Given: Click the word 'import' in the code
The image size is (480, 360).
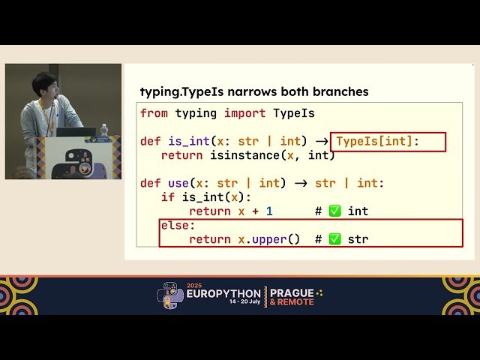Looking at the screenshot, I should pyautogui.click(x=245, y=113).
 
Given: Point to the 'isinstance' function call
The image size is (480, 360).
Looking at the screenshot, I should pyautogui.click(x=244, y=155).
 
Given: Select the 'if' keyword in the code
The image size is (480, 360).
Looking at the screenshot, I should pyautogui.click(x=167, y=197).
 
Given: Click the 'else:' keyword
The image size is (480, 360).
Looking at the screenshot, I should pyautogui.click(x=178, y=225).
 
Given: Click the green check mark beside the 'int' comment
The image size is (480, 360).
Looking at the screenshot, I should pyautogui.click(x=334, y=211).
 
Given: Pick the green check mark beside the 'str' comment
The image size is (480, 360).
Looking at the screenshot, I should pyautogui.click(x=334, y=239).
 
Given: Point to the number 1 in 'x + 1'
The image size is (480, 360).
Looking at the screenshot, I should pyautogui.click(x=269, y=211).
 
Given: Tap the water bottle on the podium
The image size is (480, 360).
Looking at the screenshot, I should pyautogui.click(x=103, y=131).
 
